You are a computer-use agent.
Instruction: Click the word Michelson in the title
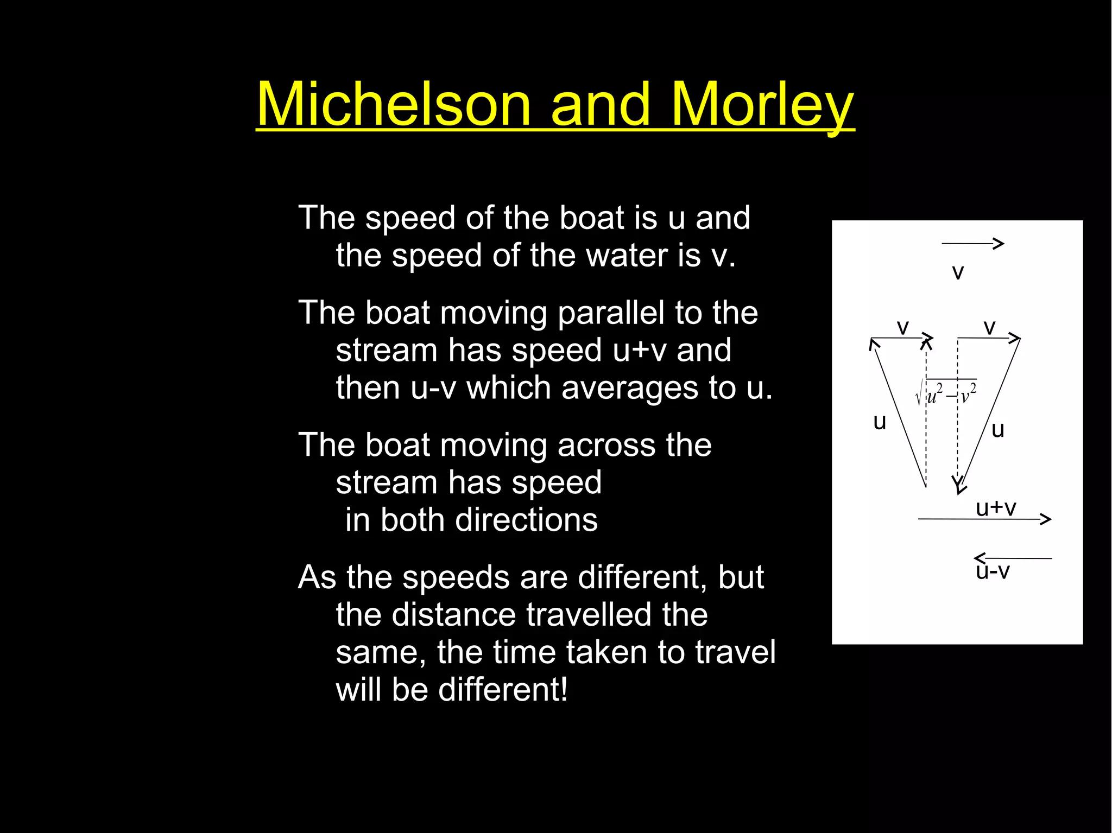point(393,104)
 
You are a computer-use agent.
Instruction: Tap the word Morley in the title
point(762,104)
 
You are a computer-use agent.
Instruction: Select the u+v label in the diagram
point(996,508)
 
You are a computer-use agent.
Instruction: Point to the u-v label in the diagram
point(993,572)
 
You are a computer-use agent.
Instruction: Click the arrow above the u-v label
point(1013,558)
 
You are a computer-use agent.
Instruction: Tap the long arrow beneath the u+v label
point(984,519)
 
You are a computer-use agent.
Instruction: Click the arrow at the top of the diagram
point(973,244)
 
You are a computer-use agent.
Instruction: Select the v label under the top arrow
point(958,272)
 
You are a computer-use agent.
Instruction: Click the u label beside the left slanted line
point(880,422)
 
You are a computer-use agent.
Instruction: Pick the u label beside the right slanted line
point(998,430)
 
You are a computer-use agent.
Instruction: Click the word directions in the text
point(527,520)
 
